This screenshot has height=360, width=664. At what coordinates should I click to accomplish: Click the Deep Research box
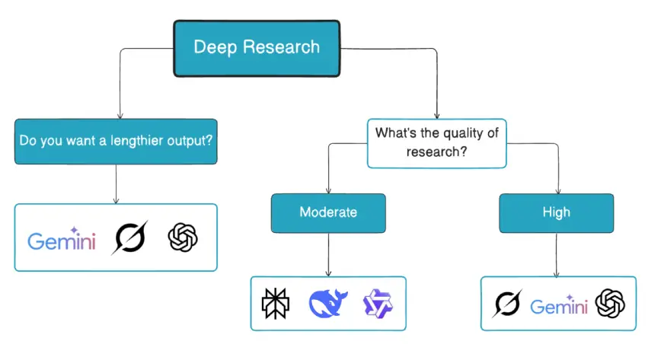[x=257, y=48]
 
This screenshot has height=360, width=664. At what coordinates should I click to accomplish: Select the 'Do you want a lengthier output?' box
[x=116, y=141]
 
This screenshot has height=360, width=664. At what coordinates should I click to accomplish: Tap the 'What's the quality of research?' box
[x=436, y=142]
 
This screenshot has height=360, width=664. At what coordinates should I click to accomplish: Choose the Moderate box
[x=328, y=212]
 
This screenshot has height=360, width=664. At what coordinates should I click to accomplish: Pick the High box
[x=556, y=212]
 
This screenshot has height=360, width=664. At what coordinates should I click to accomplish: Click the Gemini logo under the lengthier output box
[x=62, y=240]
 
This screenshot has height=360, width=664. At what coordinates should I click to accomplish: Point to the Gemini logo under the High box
[x=558, y=306]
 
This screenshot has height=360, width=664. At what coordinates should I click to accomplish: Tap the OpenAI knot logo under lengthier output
[x=183, y=237]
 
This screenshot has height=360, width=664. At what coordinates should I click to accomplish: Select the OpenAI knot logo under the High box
[x=610, y=304]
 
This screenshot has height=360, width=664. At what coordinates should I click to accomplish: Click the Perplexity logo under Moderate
[x=274, y=304]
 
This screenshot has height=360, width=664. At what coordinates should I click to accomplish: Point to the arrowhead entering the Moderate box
[x=328, y=190]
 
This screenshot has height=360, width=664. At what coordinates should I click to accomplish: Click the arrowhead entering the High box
[x=557, y=190]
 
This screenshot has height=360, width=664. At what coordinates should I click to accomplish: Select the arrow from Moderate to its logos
[x=328, y=254]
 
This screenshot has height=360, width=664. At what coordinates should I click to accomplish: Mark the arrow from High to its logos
[x=556, y=254]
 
